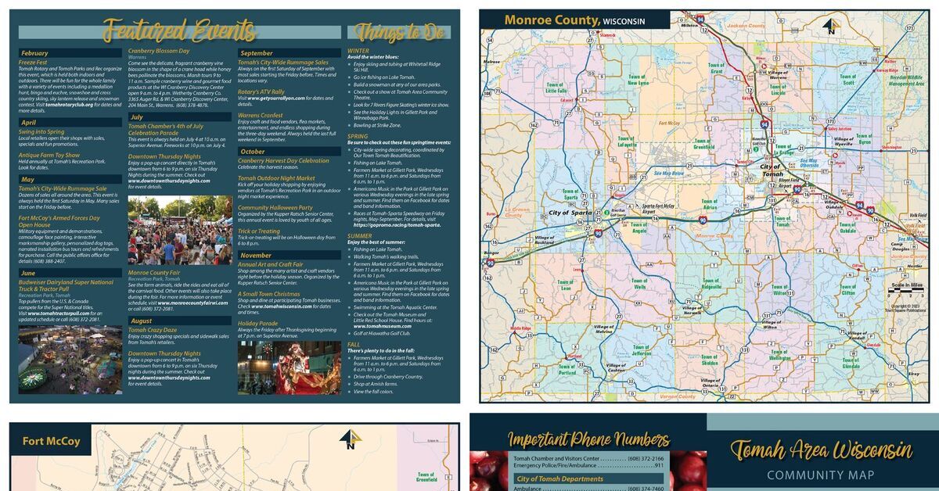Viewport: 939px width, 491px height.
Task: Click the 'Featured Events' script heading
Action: (180, 31)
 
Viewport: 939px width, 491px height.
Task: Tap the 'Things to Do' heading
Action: (398, 32)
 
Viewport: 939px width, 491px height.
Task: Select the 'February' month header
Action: (34, 53)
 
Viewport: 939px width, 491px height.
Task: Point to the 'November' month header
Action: (256, 256)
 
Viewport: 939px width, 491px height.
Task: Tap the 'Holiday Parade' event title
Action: (258, 323)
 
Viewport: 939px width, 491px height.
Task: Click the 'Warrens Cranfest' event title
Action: (261, 115)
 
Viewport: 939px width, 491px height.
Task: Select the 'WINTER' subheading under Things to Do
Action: (358, 51)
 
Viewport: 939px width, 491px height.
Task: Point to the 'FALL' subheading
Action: (354, 343)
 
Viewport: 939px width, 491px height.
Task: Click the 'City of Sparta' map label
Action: (570, 213)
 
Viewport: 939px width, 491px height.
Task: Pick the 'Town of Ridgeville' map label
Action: (711, 283)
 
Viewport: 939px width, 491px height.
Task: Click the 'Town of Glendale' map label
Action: (851, 362)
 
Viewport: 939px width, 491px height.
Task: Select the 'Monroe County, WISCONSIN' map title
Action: (574, 20)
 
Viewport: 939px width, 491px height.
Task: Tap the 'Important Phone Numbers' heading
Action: (588, 439)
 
